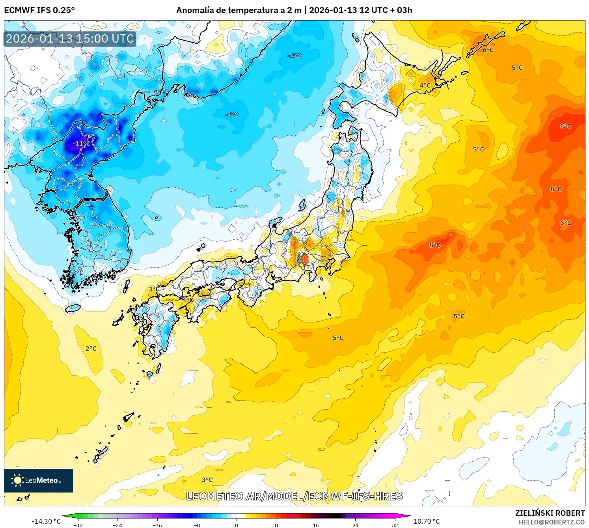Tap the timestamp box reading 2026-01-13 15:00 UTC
pos(70,39)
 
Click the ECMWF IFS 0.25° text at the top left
pos(39,10)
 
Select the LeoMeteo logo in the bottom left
pos(39,480)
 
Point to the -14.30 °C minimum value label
pos(46,521)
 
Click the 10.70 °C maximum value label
pos(427,521)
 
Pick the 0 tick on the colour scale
pos(237,525)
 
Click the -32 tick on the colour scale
pos(78,525)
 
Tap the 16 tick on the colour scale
pos(315,525)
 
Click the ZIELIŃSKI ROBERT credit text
pos(550,513)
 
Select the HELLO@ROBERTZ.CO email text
pos(552,522)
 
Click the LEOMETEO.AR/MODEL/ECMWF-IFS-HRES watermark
pos(294,496)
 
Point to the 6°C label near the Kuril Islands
pos(488,50)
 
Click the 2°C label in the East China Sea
pos(91,348)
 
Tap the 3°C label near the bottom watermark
pos(207,480)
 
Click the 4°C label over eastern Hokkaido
pos(425,85)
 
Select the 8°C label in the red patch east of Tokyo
pos(435,245)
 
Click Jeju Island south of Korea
pos(73,308)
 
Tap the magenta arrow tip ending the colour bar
pos(408,516)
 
